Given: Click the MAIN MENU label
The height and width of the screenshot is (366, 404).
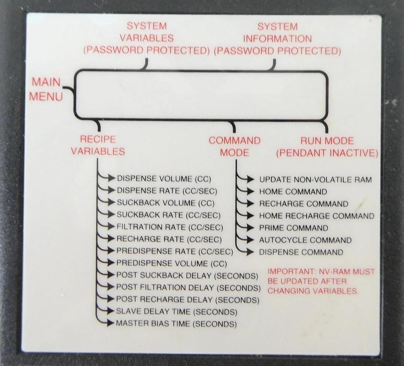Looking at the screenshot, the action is (x=46, y=89).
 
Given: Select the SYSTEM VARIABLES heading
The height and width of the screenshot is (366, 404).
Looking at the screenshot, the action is (x=147, y=32).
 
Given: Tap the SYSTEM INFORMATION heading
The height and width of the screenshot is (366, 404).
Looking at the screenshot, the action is (x=277, y=33).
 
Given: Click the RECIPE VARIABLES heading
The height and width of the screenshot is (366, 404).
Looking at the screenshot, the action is (x=98, y=145).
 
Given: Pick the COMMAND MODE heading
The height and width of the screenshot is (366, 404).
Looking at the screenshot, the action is (x=234, y=146).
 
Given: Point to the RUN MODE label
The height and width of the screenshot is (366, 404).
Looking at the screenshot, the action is (x=327, y=141).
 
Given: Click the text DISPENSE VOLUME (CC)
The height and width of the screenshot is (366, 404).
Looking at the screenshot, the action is (x=164, y=179).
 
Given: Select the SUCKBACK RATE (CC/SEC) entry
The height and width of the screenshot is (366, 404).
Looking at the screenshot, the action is (x=169, y=215).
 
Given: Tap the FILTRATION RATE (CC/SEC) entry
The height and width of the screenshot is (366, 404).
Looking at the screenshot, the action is (x=170, y=227).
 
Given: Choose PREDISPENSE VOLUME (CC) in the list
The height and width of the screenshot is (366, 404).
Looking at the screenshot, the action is (x=172, y=263).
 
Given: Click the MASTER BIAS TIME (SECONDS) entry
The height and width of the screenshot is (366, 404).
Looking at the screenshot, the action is (x=176, y=323).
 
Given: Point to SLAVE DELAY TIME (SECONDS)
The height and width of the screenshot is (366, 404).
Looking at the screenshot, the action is (x=177, y=312).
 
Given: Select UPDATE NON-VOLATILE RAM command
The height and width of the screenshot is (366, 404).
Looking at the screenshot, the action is (x=315, y=180).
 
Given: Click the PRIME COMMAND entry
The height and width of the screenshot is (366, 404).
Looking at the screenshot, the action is (x=294, y=228).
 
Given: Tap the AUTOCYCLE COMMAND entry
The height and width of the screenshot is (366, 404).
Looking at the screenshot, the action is (x=305, y=240).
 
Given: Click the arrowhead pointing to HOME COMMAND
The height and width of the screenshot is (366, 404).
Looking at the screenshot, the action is (x=251, y=192).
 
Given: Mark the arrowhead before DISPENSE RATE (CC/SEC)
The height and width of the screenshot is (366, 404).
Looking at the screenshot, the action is (x=112, y=190).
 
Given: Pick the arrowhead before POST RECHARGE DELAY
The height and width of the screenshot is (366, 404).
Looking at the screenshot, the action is (x=111, y=299).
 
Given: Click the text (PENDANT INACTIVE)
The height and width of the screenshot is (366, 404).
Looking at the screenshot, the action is (x=327, y=153).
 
